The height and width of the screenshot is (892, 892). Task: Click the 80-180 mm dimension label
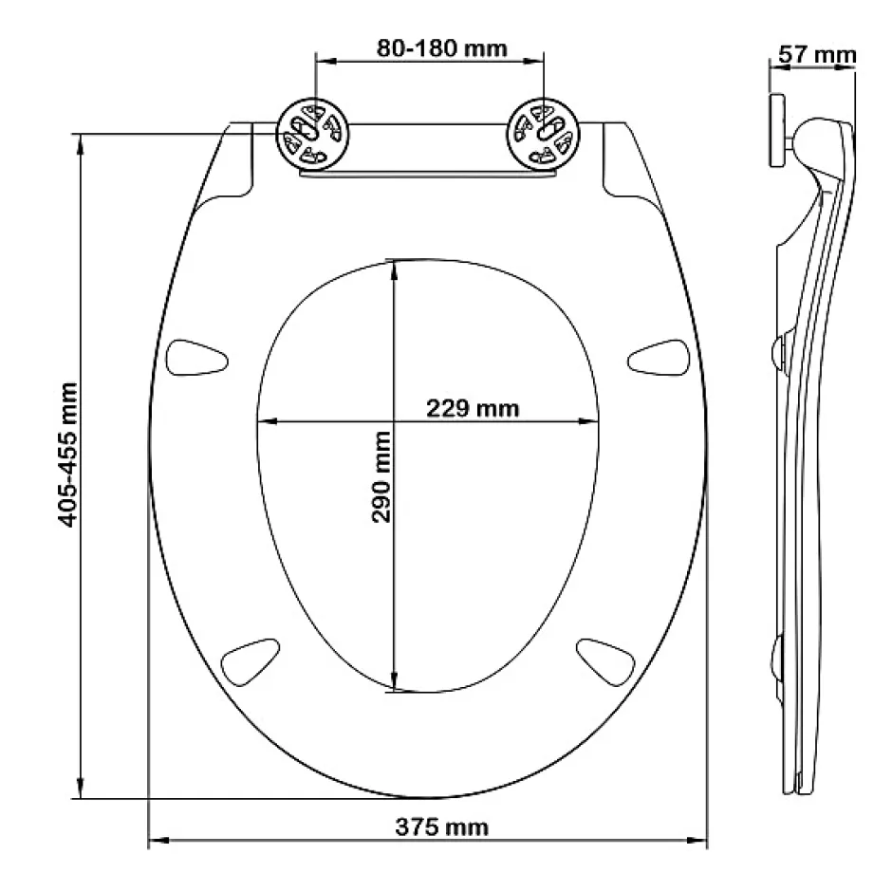pyautogui.click(x=441, y=48)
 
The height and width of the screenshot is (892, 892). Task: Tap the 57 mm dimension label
pyautogui.click(x=817, y=55)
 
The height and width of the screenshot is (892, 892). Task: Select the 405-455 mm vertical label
pyautogui.click(x=67, y=455)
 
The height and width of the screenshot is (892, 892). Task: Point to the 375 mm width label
pyautogui.click(x=442, y=827)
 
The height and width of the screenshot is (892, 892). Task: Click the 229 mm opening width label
pyautogui.click(x=473, y=408)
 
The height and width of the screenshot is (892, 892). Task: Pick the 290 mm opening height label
pyautogui.click(x=381, y=476)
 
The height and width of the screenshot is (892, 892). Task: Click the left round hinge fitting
pyautogui.click(x=313, y=134)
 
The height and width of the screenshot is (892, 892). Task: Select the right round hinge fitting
pyautogui.click(x=544, y=134)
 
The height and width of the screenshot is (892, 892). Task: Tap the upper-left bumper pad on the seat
pyautogui.click(x=196, y=357)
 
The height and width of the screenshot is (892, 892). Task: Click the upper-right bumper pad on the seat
pyautogui.click(x=659, y=357)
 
